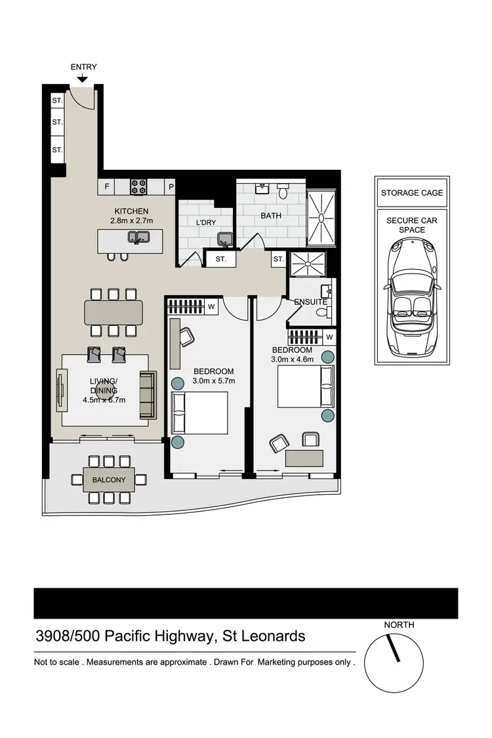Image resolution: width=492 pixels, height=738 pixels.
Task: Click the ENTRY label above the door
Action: [83, 67]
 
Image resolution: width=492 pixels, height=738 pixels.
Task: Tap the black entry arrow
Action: [83, 79]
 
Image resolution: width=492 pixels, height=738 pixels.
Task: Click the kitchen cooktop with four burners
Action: [138, 187]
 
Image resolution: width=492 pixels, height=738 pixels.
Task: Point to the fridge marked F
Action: [107, 187]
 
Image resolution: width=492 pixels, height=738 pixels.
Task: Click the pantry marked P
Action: [171, 187]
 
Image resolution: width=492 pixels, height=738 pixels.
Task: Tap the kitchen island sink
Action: [138, 237]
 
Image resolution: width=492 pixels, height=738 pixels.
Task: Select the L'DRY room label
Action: [206, 223]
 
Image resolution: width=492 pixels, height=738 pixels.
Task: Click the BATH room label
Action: [271, 215]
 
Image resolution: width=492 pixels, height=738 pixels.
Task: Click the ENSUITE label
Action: [310, 302]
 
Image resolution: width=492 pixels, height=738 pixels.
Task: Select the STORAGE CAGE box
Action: [412, 193]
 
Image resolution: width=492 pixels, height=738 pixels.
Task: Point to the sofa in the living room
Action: [148, 395]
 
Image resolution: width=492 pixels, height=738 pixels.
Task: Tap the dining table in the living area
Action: [113, 312]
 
